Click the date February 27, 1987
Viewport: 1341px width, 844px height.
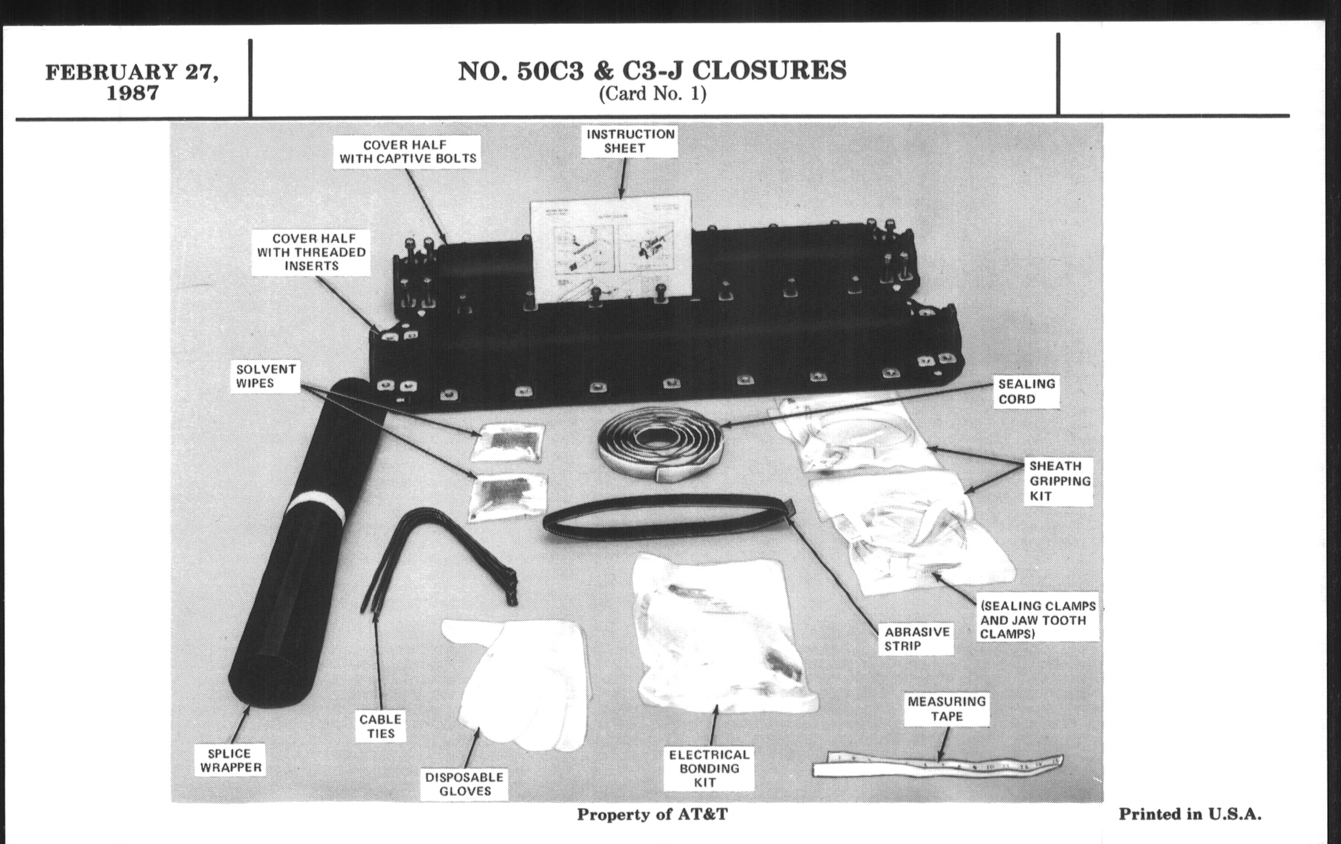(132, 82)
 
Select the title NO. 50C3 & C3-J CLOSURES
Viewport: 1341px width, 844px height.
(652, 70)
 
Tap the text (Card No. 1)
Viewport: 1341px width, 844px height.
(653, 94)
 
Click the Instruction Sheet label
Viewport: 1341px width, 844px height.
(630, 141)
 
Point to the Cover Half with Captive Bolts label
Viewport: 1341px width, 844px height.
(407, 152)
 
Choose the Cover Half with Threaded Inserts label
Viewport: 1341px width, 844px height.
(312, 252)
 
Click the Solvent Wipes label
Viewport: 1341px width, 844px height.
(266, 376)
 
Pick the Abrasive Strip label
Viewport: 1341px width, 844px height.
(916, 638)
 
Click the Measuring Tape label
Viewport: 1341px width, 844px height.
(947, 709)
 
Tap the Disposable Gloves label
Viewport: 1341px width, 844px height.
(464, 784)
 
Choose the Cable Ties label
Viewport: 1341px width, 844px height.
(381, 727)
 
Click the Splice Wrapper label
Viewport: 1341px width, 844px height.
(230, 761)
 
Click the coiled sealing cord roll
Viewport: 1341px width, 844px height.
(661, 446)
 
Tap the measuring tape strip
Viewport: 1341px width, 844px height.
(938, 766)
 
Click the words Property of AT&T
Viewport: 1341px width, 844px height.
(652, 814)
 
